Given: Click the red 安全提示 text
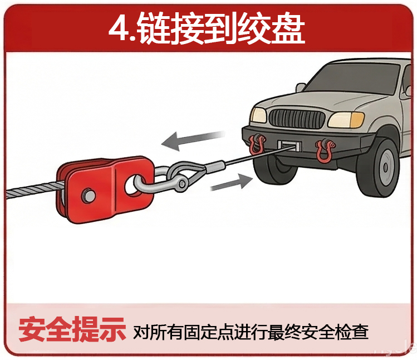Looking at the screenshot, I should pyautogui.click(x=72, y=330).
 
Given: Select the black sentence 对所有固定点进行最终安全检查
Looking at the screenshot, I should pyautogui.click(x=251, y=332).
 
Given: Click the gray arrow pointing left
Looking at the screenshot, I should pyautogui.click(x=192, y=140).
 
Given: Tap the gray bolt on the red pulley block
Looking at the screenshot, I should pyautogui.click(x=87, y=195).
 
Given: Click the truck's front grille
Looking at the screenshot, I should pyautogui.click(x=296, y=118).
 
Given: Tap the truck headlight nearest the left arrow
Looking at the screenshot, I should pyautogui.click(x=258, y=115).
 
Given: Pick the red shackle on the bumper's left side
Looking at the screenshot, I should pyautogui.click(x=257, y=144).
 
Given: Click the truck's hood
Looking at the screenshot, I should pyautogui.click(x=312, y=100).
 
